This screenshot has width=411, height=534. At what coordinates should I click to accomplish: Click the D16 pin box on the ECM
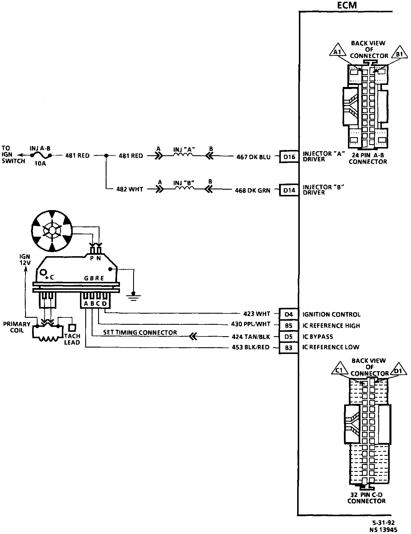point(289,157)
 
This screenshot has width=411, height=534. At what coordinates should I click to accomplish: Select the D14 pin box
point(289,190)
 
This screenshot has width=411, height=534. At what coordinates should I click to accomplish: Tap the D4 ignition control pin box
point(289,314)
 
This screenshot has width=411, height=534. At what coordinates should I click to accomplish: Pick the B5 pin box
point(289,325)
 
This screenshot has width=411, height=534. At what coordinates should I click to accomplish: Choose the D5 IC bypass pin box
point(289,336)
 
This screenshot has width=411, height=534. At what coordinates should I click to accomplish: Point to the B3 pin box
point(289,348)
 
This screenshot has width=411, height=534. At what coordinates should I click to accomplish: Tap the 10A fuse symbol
point(42,156)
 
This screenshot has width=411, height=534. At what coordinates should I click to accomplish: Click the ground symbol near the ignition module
point(133,296)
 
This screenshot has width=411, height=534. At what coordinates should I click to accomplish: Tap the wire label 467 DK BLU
point(253,157)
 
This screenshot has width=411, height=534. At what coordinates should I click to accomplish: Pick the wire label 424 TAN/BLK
point(251,337)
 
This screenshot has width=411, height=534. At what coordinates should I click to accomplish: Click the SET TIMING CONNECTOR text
point(140,333)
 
